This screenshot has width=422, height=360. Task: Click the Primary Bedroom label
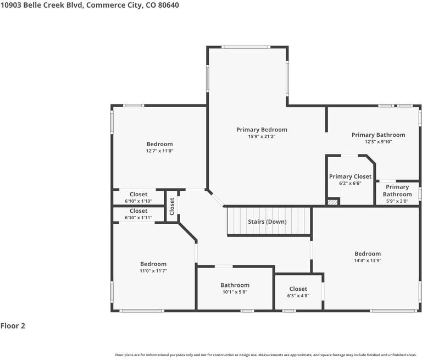262,130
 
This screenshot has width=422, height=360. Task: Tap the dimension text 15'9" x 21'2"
262,137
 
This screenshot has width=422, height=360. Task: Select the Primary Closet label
350,176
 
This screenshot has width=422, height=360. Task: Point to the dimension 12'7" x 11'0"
159,151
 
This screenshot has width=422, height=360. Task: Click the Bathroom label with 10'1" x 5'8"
235,285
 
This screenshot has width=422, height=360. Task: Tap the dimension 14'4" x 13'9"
367,261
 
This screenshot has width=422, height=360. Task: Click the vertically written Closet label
172,206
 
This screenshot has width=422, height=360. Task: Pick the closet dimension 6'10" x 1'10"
138,201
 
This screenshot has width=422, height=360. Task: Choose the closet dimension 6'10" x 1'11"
138,218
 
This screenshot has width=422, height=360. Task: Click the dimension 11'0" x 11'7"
153,271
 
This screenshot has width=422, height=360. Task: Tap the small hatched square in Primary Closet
332,202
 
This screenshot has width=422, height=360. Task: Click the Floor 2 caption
13,326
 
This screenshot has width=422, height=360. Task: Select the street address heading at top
90,5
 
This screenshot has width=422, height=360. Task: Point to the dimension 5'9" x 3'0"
397,201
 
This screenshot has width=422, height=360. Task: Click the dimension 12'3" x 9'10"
378,142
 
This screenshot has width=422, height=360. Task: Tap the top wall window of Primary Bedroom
246,47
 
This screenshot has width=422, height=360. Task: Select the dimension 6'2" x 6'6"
350,184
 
